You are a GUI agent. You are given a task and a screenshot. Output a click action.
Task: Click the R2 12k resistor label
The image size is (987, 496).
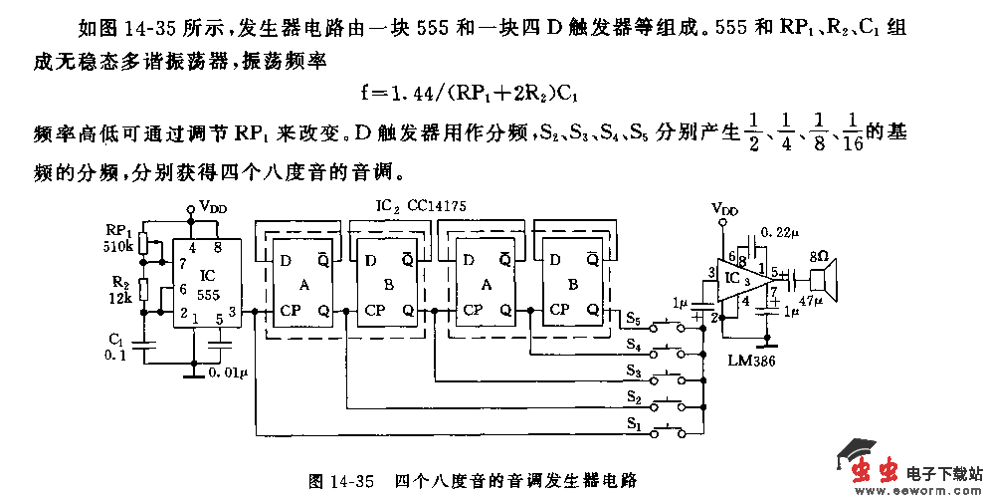point(118,291)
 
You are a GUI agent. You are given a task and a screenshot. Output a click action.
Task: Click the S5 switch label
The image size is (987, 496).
point(635,318)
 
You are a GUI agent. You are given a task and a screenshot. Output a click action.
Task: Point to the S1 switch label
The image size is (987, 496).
point(634,424)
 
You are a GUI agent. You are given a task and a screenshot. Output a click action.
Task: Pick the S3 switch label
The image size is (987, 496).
point(634,371)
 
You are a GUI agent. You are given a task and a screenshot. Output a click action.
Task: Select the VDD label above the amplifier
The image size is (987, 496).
point(725,210)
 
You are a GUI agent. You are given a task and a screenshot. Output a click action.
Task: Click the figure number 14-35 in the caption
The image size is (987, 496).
point(353,481)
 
